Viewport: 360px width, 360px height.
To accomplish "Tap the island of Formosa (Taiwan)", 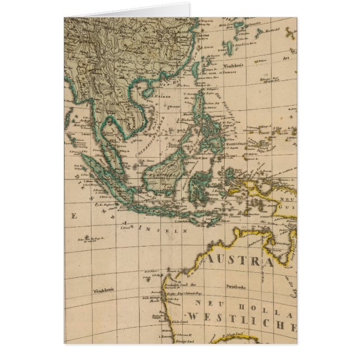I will (x=196, y=70).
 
